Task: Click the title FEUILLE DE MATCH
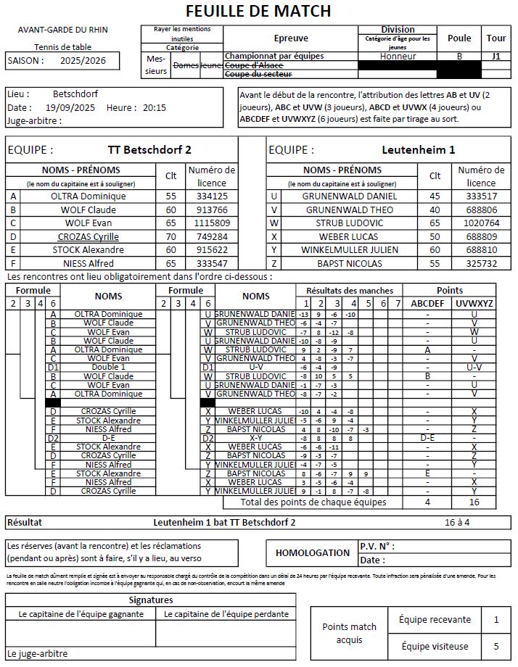click(258, 11)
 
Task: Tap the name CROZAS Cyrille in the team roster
click(89, 236)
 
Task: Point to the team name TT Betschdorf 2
click(149, 150)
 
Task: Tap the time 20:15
click(154, 107)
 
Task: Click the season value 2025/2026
click(83, 61)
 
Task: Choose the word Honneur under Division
click(398, 56)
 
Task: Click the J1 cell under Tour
click(496, 56)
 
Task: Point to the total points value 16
click(474, 502)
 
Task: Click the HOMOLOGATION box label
click(313, 552)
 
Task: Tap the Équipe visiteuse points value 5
click(496, 646)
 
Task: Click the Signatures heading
click(151, 600)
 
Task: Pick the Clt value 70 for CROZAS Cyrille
click(171, 236)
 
